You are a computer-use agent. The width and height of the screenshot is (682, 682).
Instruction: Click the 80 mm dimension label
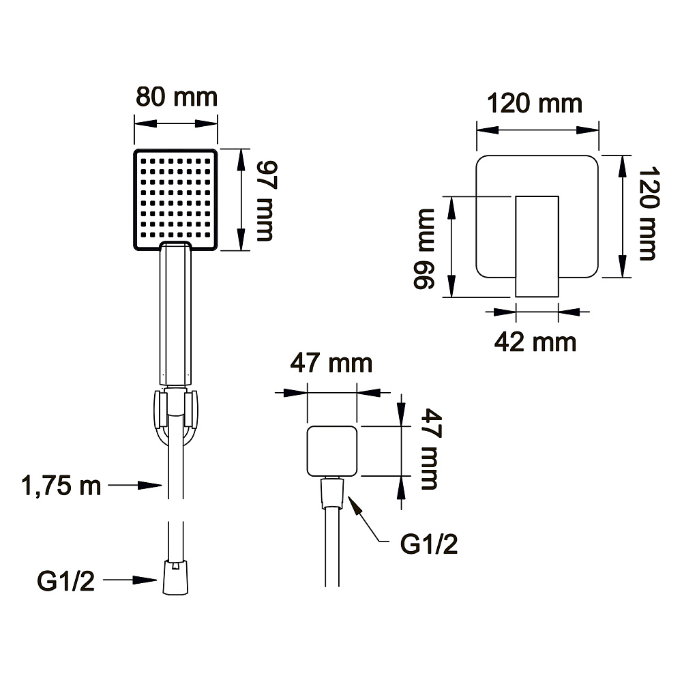pos(177,97)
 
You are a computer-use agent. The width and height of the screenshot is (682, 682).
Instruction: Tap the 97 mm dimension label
pos(265,201)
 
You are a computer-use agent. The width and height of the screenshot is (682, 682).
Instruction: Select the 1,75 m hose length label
pos(61,486)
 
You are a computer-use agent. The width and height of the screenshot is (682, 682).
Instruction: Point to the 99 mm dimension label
pos(424,248)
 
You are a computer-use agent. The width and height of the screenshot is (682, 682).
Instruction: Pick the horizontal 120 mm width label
pos(535,104)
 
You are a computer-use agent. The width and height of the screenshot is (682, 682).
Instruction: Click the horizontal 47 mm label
pos(331,364)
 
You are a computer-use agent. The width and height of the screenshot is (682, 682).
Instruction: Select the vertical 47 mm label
pos(430,449)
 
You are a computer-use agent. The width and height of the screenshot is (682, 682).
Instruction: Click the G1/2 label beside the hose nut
pos(65,580)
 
